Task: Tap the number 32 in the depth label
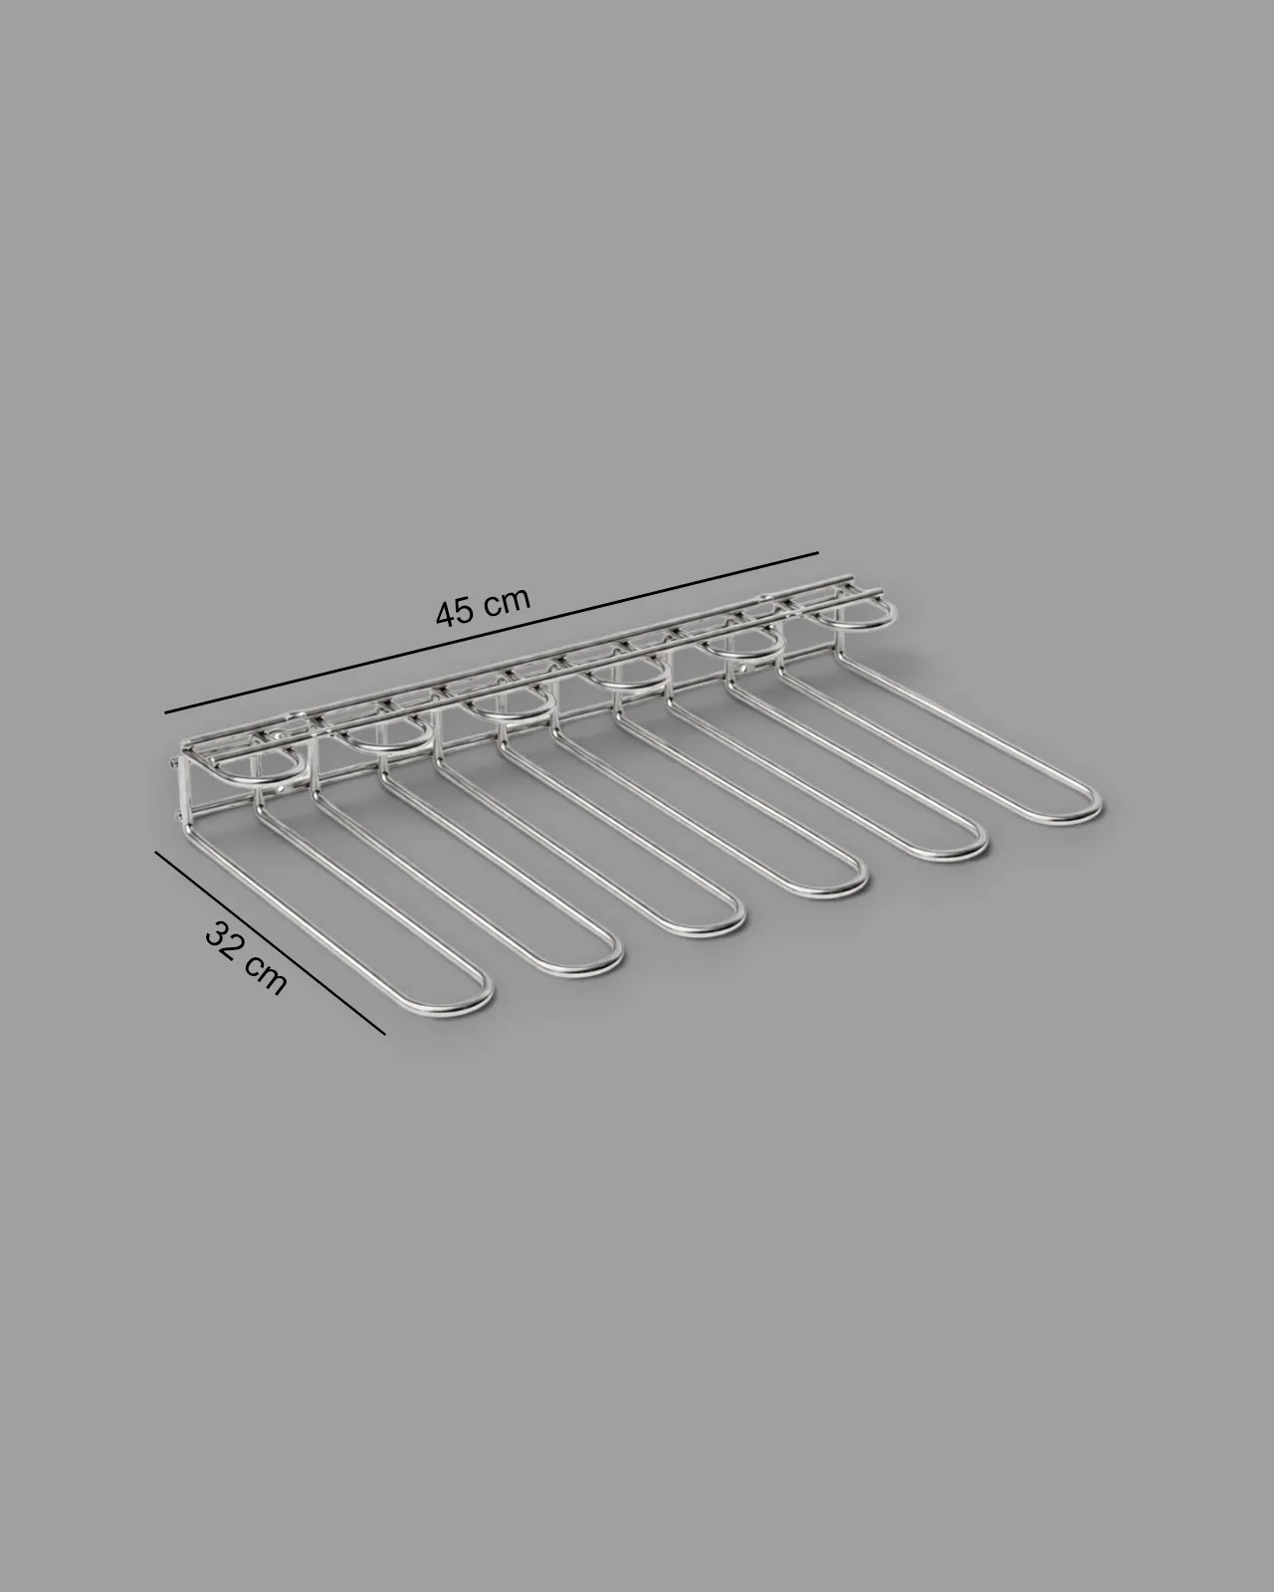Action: click(224, 938)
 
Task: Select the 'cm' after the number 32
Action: click(265, 975)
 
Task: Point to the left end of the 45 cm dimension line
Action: click(165, 712)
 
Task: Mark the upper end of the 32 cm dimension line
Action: click(155, 853)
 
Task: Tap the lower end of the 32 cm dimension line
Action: click(385, 1034)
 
